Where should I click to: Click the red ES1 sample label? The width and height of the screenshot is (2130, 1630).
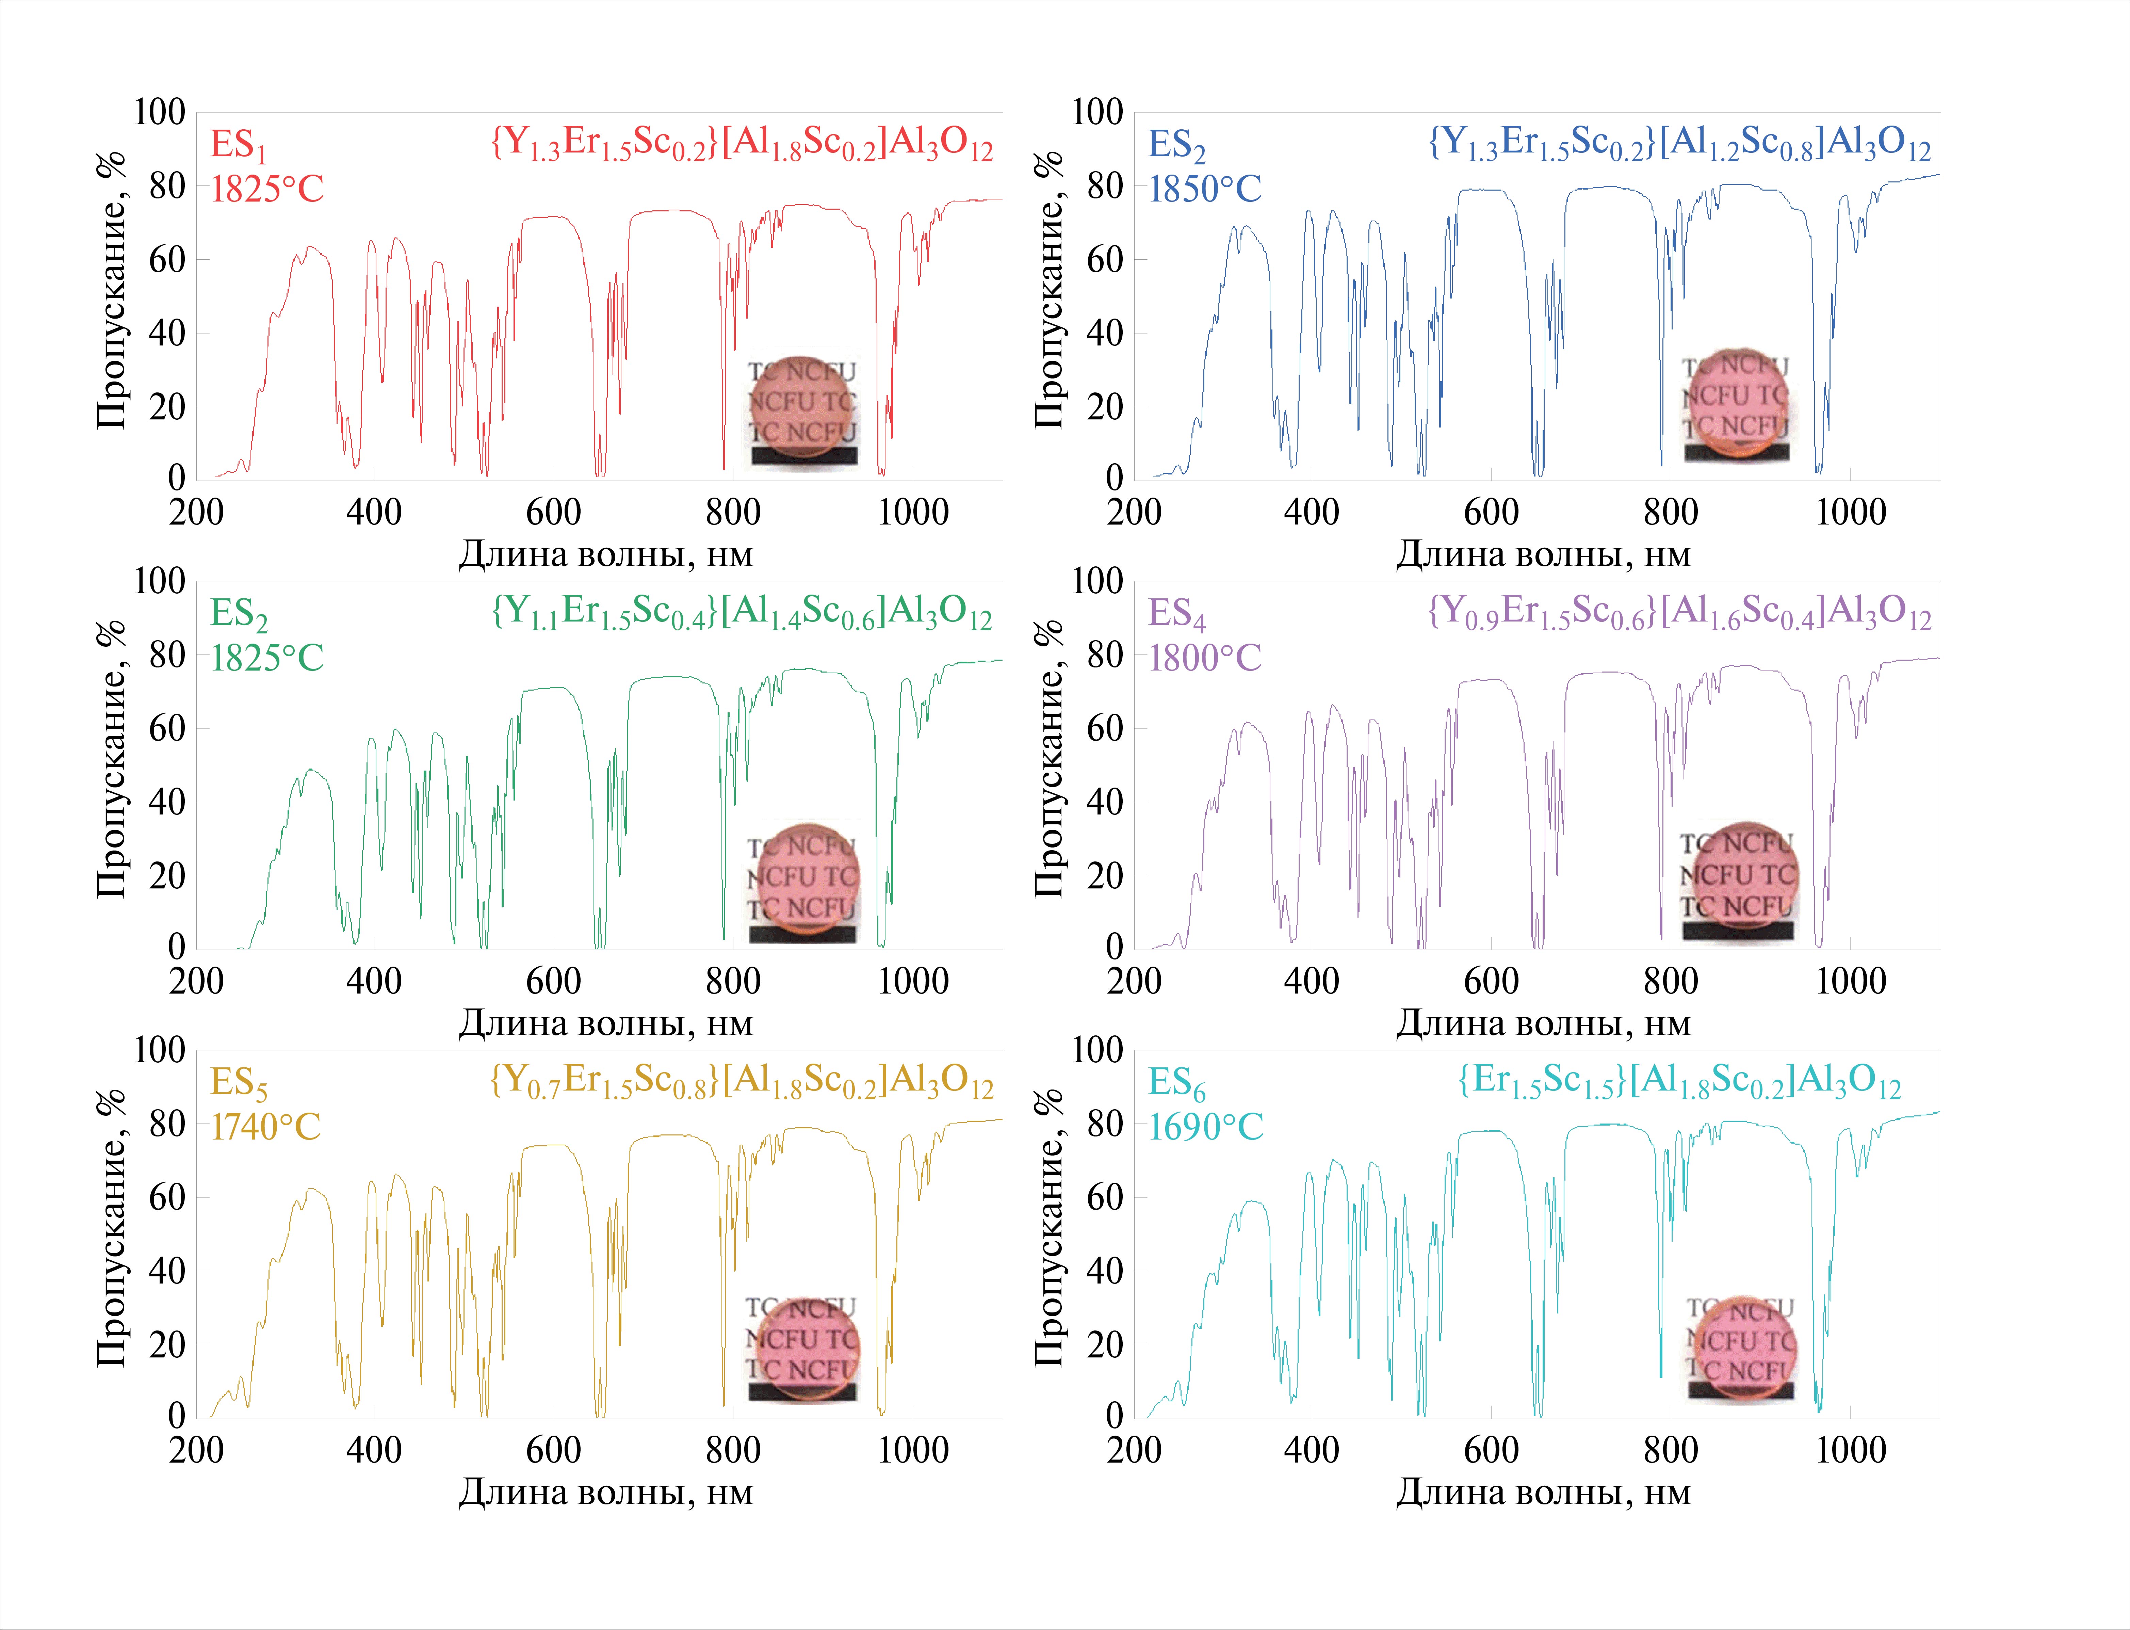pyautogui.click(x=238, y=146)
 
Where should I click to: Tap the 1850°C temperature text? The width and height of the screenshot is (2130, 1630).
pyautogui.click(x=1205, y=189)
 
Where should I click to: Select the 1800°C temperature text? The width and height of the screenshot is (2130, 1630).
pyautogui.click(x=1205, y=658)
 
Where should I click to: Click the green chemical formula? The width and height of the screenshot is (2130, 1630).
pyautogui.click(x=742, y=613)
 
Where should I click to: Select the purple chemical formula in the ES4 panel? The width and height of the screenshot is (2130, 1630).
pyautogui.click(x=1680, y=613)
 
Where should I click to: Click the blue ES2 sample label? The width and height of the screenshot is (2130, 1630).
pyautogui.click(x=1176, y=146)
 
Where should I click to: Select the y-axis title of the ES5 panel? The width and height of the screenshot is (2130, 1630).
pyautogui.click(x=112, y=1227)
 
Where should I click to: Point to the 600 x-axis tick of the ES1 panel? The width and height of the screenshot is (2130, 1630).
pyautogui.click(x=553, y=512)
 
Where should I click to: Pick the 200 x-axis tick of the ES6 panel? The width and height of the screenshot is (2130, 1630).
pyautogui.click(x=1134, y=1451)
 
